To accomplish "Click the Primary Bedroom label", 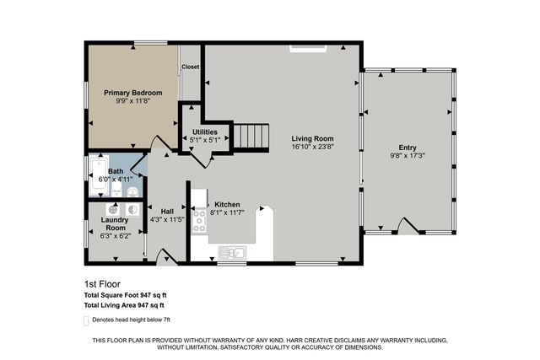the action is (x=133, y=93).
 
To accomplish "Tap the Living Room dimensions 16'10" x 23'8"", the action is (x=312, y=146).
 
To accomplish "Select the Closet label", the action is (x=190, y=67).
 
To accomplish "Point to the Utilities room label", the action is (x=205, y=132).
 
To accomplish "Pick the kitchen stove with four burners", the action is (x=199, y=221).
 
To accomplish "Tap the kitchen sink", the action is (x=232, y=253).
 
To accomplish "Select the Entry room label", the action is (x=408, y=148).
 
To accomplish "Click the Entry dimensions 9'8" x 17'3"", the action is (x=408, y=156).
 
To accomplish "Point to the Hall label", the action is (x=167, y=212).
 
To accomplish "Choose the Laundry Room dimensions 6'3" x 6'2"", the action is (x=116, y=236).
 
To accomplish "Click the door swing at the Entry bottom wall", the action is (x=410, y=225).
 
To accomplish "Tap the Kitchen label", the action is (x=227, y=204).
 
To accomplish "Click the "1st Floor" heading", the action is (x=102, y=284).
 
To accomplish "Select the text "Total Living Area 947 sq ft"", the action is (x=124, y=305).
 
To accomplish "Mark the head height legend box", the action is (x=86, y=320).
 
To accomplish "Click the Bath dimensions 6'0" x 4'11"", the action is (x=116, y=180).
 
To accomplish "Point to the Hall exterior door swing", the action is (x=167, y=256).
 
